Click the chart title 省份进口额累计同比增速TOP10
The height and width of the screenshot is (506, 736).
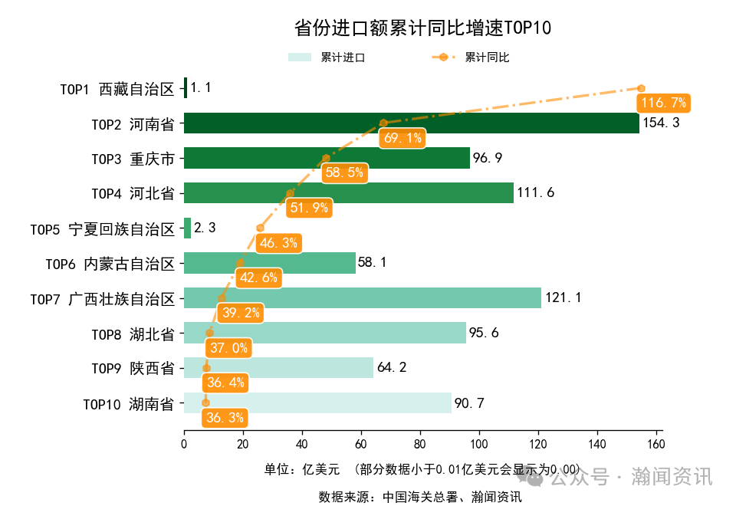(x=422, y=28)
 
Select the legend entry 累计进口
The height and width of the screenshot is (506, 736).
(x=326, y=58)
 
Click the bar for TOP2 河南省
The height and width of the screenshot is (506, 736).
(x=411, y=123)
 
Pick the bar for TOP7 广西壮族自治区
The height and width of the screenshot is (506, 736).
(x=362, y=297)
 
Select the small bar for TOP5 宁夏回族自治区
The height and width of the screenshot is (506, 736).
(x=187, y=228)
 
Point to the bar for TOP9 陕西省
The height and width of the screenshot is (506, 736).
(x=278, y=368)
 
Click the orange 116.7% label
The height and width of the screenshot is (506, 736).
(x=663, y=103)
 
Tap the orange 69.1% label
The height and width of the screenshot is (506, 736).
(x=402, y=138)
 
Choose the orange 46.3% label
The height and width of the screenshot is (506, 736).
(x=278, y=243)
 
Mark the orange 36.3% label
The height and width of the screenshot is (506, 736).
(x=225, y=418)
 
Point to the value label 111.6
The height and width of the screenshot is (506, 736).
(x=536, y=193)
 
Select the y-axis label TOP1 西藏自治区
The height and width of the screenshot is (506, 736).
(x=117, y=89)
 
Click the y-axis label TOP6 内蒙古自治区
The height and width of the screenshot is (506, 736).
(x=110, y=264)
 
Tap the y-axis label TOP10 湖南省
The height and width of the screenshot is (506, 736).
(x=128, y=404)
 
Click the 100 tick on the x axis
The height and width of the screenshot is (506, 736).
(x=479, y=444)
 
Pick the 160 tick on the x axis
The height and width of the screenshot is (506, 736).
(x=656, y=444)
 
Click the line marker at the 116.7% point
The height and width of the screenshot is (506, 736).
(x=641, y=88)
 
